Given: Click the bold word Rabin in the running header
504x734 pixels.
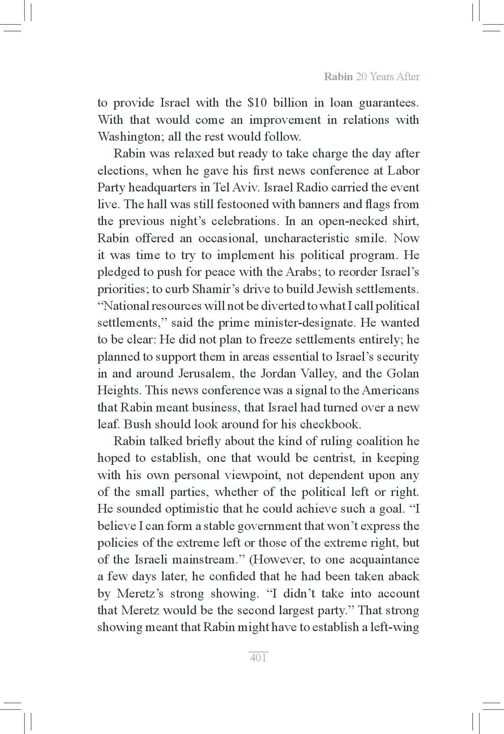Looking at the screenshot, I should point(338,77).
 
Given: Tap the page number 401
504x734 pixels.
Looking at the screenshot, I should point(258,658).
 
